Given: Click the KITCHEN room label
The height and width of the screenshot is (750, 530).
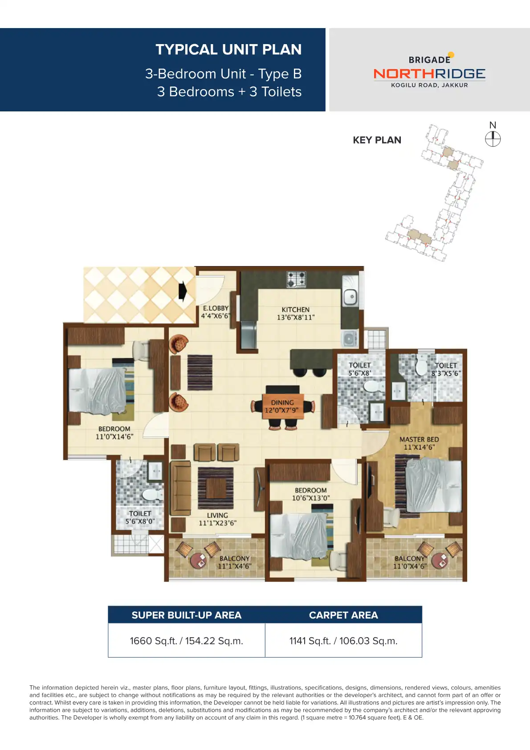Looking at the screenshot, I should (x=295, y=313).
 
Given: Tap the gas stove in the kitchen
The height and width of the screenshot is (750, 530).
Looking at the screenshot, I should (x=296, y=279).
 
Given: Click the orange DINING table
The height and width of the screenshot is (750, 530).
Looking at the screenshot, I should (x=282, y=406).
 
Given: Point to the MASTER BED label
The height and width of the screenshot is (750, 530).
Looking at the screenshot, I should (x=419, y=443).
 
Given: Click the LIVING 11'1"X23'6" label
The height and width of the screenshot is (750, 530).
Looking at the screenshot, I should (x=217, y=519).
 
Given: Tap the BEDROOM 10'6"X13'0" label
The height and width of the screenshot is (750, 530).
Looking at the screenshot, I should (x=310, y=494).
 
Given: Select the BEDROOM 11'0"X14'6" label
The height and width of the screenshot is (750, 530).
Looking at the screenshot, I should (x=114, y=433).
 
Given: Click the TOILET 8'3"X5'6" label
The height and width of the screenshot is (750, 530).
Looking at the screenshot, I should (x=446, y=369).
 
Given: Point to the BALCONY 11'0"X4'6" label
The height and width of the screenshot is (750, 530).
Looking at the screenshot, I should (x=410, y=562).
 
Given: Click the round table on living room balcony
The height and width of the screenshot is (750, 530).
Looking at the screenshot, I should (x=198, y=560).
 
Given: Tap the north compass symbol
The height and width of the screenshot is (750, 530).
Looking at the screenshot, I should (x=493, y=139).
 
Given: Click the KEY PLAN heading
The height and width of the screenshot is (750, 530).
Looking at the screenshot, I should (x=377, y=140).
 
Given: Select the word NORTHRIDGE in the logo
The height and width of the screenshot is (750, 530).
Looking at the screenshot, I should (x=429, y=74).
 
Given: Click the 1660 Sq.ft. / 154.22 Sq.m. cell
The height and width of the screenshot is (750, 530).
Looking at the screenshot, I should (x=186, y=641).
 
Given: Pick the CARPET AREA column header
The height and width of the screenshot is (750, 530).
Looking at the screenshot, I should (x=343, y=615).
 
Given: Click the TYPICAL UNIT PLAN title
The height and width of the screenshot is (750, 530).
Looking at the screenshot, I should (x=228, y=49).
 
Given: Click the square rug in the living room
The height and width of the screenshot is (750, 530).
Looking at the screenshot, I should (x=216, y=488).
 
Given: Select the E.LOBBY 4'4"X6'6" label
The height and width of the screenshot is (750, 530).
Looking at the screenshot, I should (x=216, y=312).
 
